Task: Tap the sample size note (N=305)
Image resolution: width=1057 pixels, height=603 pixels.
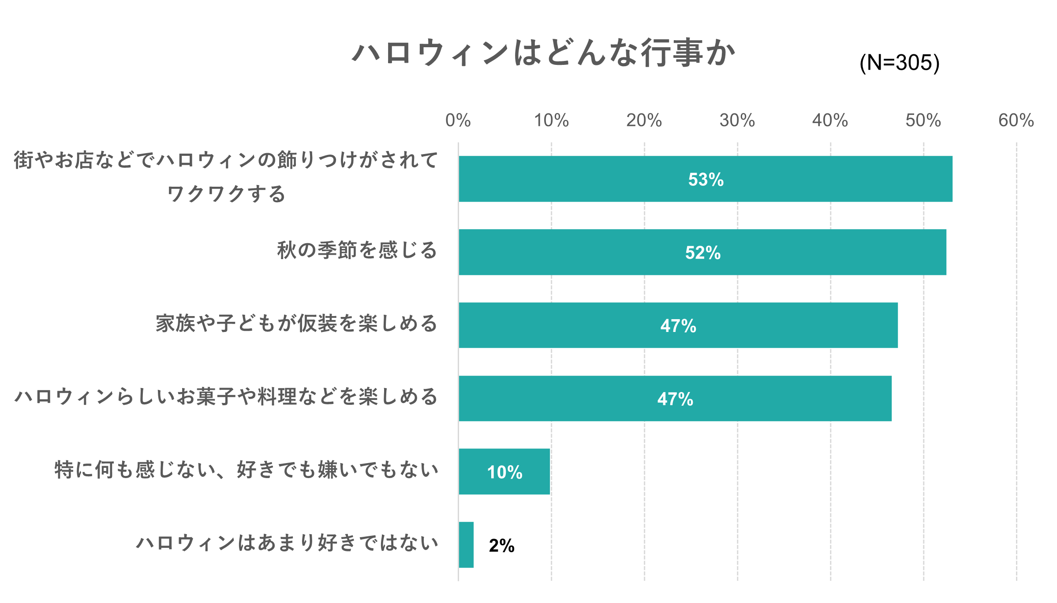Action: pos(899,63)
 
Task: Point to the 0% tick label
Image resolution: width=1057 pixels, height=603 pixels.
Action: pos(458,120)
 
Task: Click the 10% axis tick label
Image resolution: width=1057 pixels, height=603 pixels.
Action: pos(551,120)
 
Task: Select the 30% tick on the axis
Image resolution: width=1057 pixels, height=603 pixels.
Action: pos(737,120)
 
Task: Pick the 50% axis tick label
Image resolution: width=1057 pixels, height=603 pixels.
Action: pos(923,120)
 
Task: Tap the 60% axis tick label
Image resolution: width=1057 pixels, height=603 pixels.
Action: pos(1016,120)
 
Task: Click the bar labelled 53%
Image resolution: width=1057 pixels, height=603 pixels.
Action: pos(573,179)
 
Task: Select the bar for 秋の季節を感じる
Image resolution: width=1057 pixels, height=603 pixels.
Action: pos(573,252)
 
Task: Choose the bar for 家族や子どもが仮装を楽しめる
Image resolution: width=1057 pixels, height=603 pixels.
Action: pos(573,325)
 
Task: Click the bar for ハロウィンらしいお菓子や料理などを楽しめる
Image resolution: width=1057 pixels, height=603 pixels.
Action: pos(573,399)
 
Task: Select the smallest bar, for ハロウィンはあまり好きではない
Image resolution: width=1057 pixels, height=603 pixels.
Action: pos(466,545)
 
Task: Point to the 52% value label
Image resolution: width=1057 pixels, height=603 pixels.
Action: pos(702,253)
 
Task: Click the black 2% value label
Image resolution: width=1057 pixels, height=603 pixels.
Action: pos(501,546)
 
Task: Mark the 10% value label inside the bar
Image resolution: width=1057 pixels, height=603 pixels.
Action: pos(504,472)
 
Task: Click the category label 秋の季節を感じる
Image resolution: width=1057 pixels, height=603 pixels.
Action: pos(357,250)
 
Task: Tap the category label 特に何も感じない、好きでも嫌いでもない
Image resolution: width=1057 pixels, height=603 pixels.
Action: pos(247,470)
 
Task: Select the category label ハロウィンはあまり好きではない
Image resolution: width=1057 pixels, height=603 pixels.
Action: pos(287,543)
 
